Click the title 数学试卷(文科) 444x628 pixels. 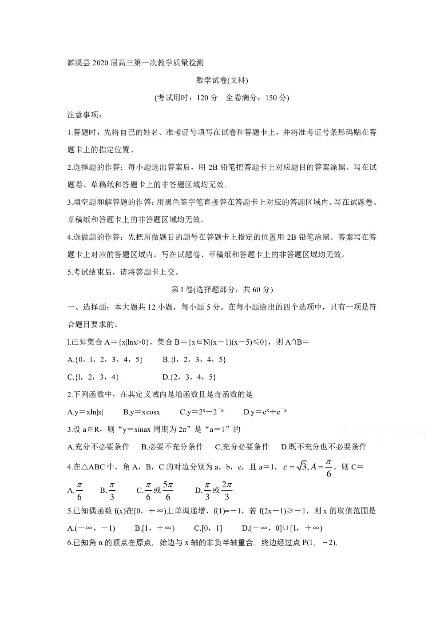pos(222,80)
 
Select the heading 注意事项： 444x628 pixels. pos(85,115)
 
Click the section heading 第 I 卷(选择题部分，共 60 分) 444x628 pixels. pos(222,290)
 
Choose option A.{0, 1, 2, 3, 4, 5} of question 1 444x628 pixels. pos(105,359)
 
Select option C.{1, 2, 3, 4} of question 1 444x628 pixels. pos(93,377)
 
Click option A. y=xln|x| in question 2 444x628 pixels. pos(85,412)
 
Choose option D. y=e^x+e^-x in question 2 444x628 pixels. pos(265,412)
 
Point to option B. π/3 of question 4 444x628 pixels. pos(108,490)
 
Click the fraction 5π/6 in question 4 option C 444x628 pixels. pos(168,490)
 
